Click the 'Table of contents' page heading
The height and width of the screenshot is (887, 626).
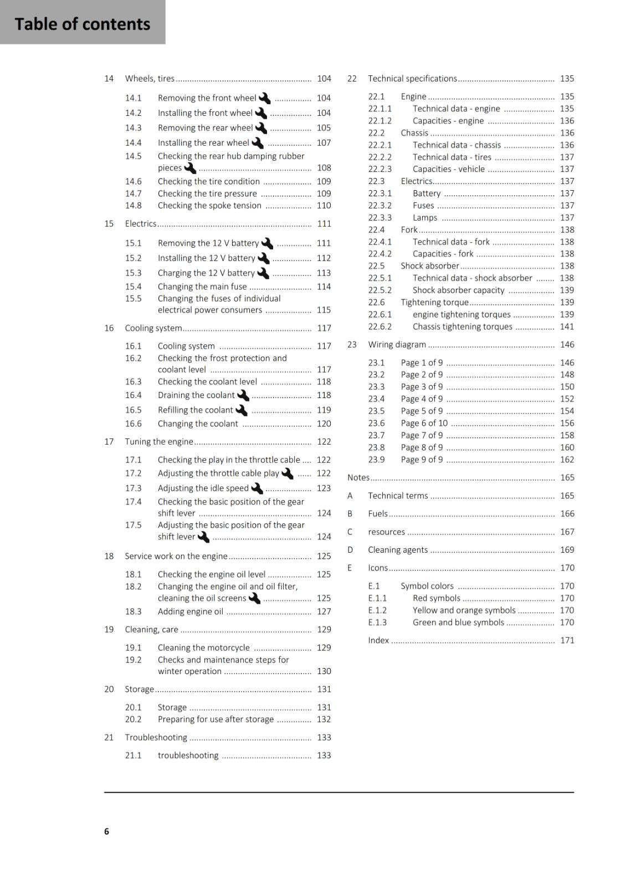pos(83,24)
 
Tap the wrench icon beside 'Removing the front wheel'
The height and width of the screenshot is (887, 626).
pos(265,98)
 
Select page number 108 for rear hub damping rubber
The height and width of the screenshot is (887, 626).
pos(324,167)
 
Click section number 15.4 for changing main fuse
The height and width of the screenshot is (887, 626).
pos(133,287)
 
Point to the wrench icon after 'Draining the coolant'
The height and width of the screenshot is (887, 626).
pos(243,395)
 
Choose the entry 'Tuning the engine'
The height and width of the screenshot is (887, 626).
pos(159,441)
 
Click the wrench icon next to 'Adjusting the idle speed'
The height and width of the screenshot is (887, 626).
pos(257,488)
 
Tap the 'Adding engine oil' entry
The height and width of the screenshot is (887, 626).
pos(190,611)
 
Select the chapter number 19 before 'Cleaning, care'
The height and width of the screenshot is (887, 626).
pos(109,629)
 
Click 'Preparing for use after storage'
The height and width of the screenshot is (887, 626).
pos(215,719)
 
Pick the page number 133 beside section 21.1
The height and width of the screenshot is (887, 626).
pos(324,755)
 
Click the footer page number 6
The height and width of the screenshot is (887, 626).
pos(106,831)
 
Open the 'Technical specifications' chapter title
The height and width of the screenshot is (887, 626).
pos(412,79)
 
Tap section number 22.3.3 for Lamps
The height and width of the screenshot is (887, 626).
pos(379,218)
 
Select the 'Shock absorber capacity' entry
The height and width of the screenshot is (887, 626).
pos(458,290)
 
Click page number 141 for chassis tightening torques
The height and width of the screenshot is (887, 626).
pos(567,327)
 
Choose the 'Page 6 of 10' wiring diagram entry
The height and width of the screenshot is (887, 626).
pos(424,423)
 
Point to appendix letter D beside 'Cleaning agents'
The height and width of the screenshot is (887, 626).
pos(350,550)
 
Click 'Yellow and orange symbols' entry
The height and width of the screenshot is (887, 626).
pos(464,610)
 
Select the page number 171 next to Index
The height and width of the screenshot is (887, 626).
pos(567,640)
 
